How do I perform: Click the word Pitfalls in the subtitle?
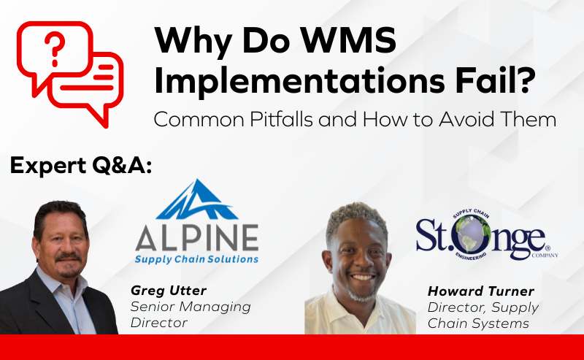(x=281, y=120)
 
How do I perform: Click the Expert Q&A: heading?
(x=81, y=166)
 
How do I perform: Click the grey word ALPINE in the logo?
(x=196, y=238)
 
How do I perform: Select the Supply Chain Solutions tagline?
(x=196, y=259)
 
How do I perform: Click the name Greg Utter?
(x=169, y=291)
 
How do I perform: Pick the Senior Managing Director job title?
(x=191, y=315)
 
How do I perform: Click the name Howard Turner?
(x=481, y=291)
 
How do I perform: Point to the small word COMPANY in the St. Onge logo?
(x=545, y=256)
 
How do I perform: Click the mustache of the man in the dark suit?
(x=69, y=258)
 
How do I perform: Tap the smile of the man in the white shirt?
(x=363, y=277)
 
